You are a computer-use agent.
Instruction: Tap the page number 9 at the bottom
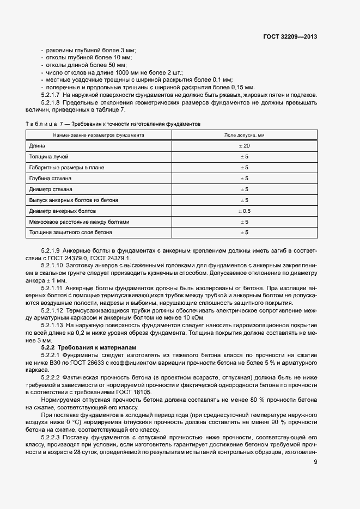click(316, 463)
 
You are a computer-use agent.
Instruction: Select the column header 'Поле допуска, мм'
click(244, 134)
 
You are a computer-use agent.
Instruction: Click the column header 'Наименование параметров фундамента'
click(98, 134)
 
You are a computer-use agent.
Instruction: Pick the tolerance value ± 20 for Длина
click(244, 146)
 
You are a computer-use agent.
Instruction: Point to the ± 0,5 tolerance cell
click(244, 211)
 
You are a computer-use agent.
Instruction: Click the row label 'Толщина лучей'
click(48, 157)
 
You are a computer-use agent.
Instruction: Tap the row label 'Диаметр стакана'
click(51, 189)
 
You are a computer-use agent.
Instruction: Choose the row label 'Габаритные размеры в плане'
click(66, 168)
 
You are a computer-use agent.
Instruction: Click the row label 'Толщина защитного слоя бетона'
click(70, 232)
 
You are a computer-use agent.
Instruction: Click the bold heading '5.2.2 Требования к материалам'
click(89, 347)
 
